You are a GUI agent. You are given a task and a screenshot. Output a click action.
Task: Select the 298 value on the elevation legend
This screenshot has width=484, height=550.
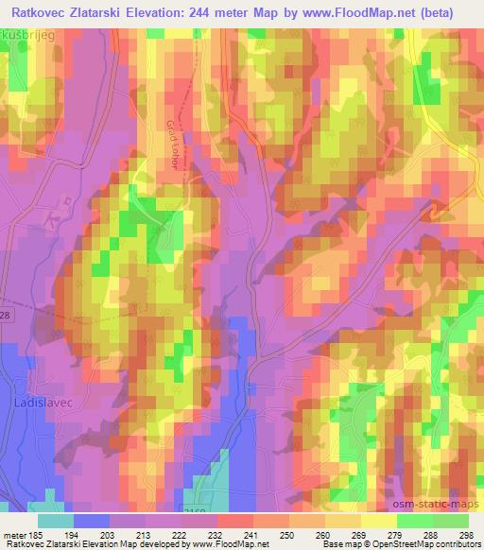point(466,534)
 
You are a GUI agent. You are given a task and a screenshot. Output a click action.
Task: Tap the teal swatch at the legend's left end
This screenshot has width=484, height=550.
point(56,521)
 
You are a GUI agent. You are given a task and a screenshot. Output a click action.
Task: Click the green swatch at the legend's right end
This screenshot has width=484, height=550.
point(451,521)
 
